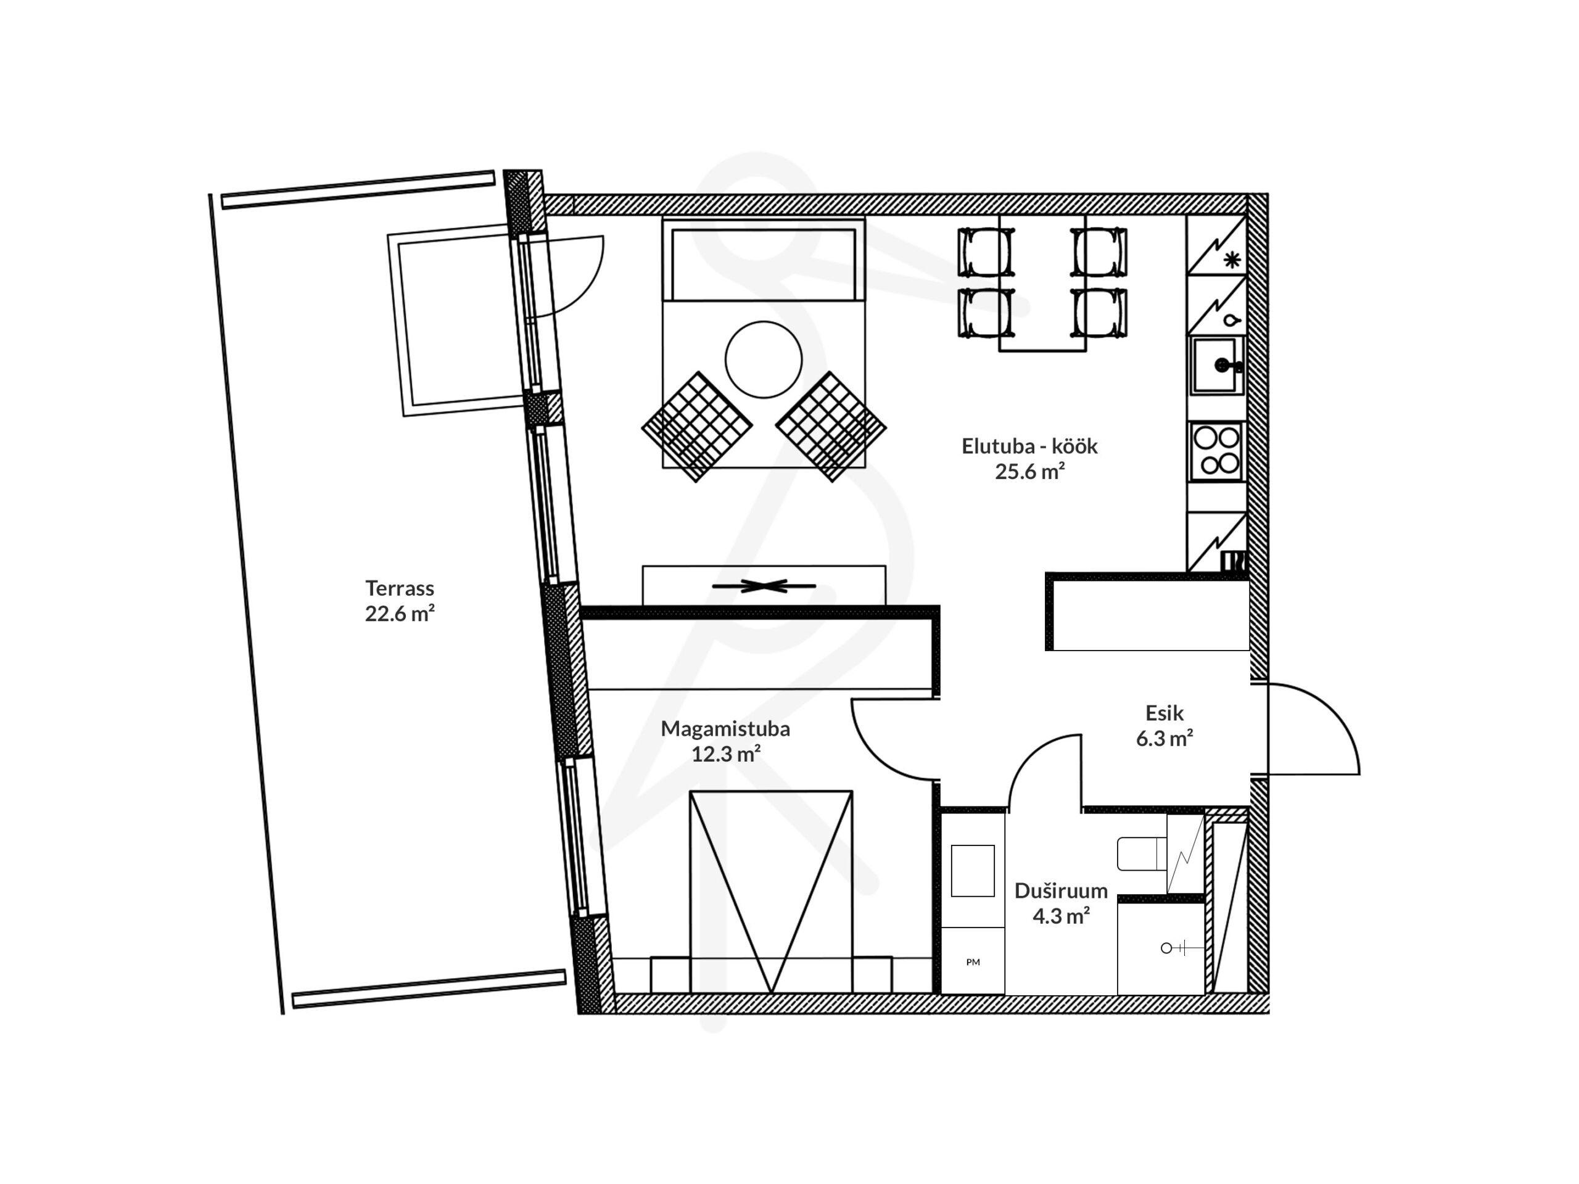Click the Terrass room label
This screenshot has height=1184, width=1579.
400,588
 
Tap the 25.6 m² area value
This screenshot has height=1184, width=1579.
1030,472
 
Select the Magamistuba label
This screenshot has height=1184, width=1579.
725,729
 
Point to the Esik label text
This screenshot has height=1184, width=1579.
1165,713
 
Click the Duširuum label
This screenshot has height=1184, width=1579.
1061,890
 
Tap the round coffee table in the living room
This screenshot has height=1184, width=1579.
763,360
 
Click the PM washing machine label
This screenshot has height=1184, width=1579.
973,962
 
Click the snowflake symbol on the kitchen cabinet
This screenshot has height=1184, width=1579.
1232,260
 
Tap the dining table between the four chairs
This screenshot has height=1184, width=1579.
1042,282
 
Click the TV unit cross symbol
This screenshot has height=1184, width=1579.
763,586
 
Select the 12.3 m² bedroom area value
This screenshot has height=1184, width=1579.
725,754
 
